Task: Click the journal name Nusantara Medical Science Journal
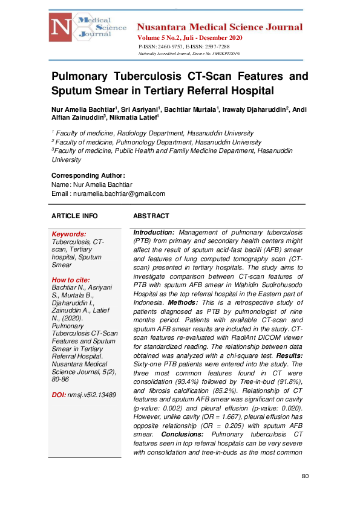(220, 27)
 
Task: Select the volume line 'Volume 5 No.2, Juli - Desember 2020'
(189, 38)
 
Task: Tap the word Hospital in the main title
(249, 91)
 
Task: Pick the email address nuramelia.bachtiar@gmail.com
(119, 193)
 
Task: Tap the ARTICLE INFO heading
(74, 216)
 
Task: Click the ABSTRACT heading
(151, 216)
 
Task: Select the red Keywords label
(69, 234)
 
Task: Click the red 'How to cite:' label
(71, 280)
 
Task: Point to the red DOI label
(59, 395)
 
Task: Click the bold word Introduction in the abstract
(154, 232)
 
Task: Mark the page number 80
(305, 476)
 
